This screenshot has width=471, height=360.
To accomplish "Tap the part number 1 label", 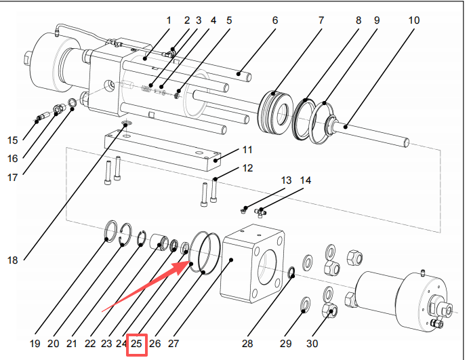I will [x=169, y=20].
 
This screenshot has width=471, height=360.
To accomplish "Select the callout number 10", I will [x=413, y=20].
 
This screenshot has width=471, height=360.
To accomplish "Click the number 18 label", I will [x=13, y=260].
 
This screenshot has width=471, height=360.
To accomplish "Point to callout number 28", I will [x=247, y=344].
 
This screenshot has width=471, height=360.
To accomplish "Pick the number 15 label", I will [x=13, y=140].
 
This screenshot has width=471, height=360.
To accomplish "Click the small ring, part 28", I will [x=291, y=273].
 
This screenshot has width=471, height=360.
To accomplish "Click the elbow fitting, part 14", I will [x=263, y=212].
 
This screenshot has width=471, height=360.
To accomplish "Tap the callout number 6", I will [x=275, y=20].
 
